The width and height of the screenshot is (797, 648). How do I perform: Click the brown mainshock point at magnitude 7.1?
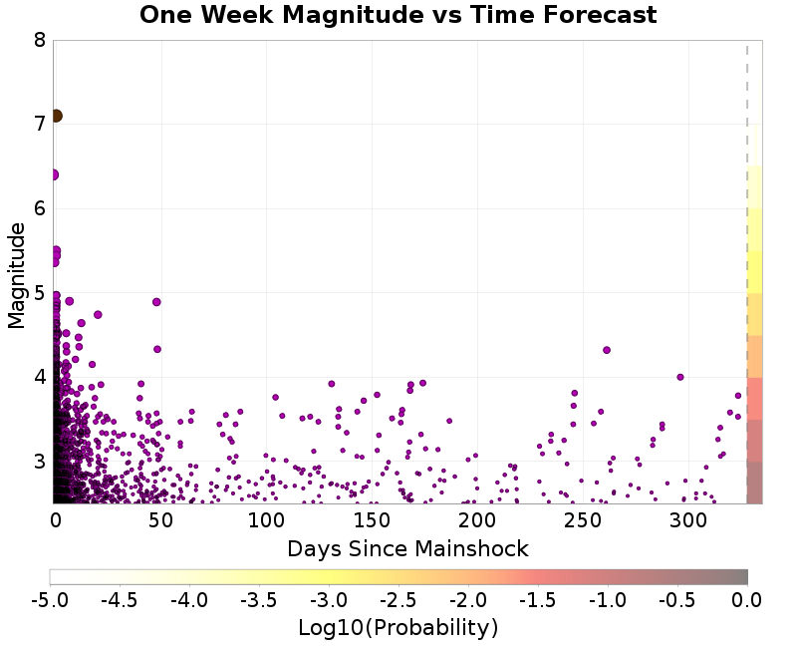pos(56,116)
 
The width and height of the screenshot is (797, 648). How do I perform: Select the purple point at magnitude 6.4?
pos(53,174)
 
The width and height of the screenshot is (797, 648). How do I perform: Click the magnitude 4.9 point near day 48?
pos(156,302)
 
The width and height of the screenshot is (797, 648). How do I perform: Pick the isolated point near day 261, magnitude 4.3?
pos(607,350)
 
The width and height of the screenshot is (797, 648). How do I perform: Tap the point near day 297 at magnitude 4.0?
pos(680,377)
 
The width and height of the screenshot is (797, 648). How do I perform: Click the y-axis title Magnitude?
pos(16,275)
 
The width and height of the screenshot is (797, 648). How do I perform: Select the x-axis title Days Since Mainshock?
pos(407,548)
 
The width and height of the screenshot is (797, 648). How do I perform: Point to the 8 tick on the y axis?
pos(39,41)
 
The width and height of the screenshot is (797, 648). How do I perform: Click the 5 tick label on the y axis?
pos(39,293)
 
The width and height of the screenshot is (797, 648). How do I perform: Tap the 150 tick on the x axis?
pos(371,519)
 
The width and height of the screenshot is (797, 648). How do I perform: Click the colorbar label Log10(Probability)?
pos(398,628)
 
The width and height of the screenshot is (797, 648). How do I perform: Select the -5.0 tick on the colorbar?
pos(50,599)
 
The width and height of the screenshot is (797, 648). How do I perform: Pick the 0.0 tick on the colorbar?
pos(747,599)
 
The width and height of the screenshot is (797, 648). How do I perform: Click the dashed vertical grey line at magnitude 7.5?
pos(747,83)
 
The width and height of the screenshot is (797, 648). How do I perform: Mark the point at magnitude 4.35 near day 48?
pos(157,349)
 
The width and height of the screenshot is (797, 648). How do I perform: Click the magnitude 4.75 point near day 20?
pos(98,314)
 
